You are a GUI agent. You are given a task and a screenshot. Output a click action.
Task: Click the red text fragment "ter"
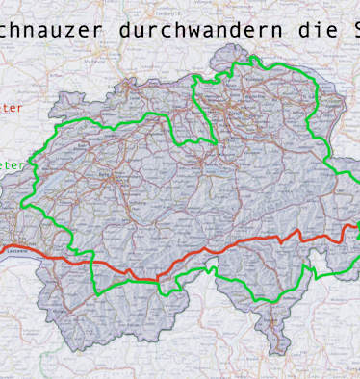tap(11, 109)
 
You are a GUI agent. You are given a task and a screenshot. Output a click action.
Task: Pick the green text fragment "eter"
tap(13, 164)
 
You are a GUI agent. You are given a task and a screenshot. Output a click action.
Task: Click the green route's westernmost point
tap(23, 204)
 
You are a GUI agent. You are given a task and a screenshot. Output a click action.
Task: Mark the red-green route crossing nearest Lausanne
tap(90, 264)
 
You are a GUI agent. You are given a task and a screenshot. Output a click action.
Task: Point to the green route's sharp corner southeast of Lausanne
tap(94, 291)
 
